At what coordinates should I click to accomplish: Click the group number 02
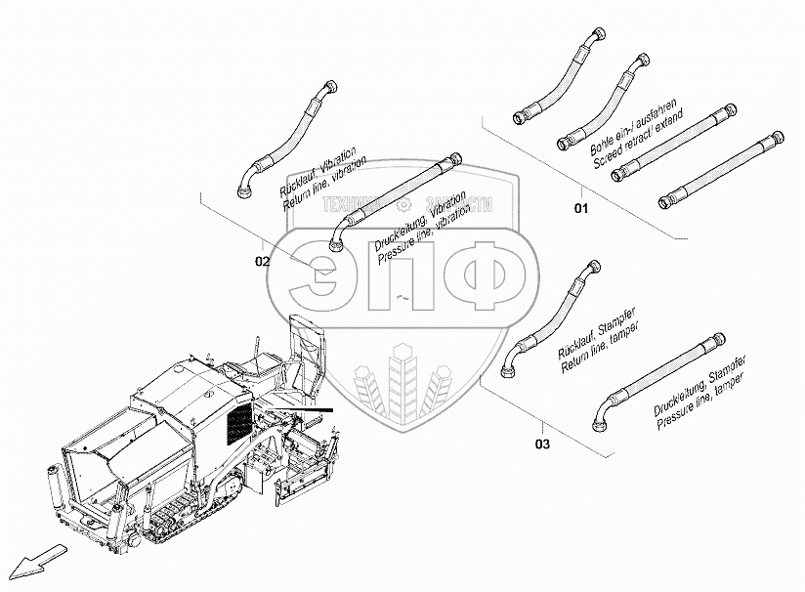263,261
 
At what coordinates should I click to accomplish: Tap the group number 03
542,445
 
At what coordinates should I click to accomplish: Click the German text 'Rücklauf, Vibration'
317,171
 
